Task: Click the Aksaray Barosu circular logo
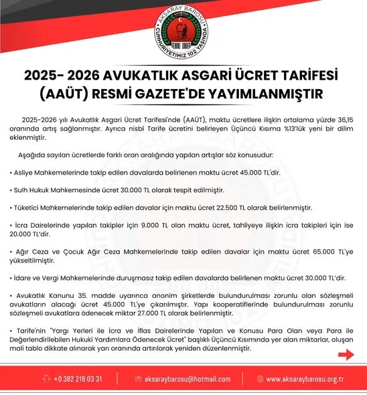[183, 31]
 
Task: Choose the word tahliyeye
[259, 226]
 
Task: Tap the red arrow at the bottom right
[346, 355]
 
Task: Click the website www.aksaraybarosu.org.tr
[305, 380]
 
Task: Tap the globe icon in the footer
[258, 380]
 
